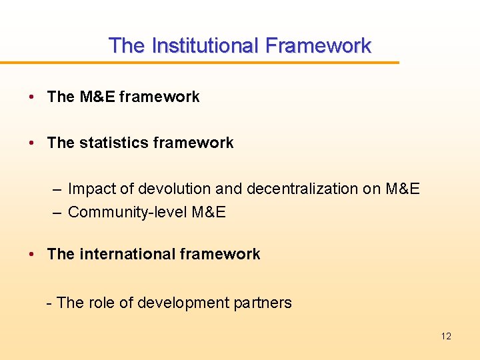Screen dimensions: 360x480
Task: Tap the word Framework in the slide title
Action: [x=318, y=45]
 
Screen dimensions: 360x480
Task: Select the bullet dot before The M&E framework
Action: [x=32, y=97]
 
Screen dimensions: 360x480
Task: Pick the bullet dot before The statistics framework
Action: [x=32, y=143]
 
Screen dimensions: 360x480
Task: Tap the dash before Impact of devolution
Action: [x=58, y=189]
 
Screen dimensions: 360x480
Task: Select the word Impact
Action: [x=92, y=189]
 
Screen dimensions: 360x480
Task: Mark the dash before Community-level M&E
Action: [x=58, y=213]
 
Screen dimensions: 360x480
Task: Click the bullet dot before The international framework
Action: [x=32, y=254]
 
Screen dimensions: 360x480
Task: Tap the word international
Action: [x=127, y=254]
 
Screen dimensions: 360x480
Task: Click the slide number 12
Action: [x=446, y=336]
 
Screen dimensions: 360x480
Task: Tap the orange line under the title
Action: [x=200, y=63]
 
